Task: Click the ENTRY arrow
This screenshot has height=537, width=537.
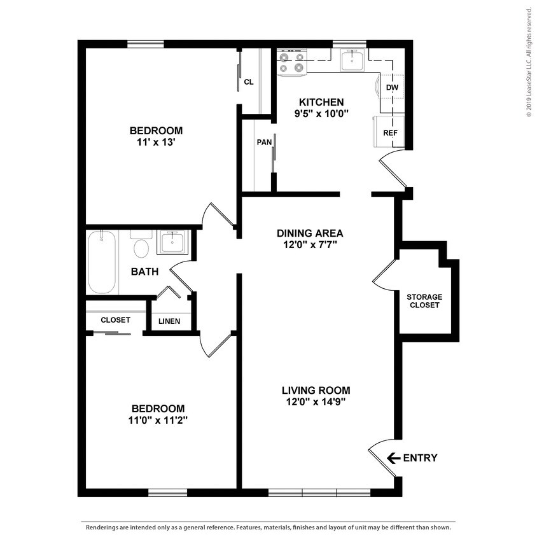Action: pos(393,457)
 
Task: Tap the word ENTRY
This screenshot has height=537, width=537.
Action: pos(420,457)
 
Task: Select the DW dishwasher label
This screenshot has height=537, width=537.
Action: pos(392,87)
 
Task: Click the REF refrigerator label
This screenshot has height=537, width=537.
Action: pos(390,133)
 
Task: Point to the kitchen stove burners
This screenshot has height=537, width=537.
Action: pos(292,62)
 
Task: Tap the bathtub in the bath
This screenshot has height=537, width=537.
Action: pos(102,262)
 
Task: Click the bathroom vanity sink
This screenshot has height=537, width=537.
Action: pos(171,242)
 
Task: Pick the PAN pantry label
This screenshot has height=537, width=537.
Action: pos(264,142)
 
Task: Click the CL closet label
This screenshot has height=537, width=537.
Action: pos(249,81)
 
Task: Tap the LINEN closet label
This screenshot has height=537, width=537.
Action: pos(169,321)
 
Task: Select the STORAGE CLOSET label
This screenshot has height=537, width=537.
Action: pos(424,301)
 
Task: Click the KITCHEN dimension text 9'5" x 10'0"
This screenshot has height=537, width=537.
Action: pos(321,114)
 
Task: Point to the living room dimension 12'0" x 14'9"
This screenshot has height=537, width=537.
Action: pos(316,401)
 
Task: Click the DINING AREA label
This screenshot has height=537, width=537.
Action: pos(310,233)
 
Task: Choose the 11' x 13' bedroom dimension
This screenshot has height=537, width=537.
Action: pos(156,143)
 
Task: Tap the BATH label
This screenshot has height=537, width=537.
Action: pos(144,272)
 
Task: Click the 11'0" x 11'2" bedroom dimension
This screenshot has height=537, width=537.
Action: pos(158,419)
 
